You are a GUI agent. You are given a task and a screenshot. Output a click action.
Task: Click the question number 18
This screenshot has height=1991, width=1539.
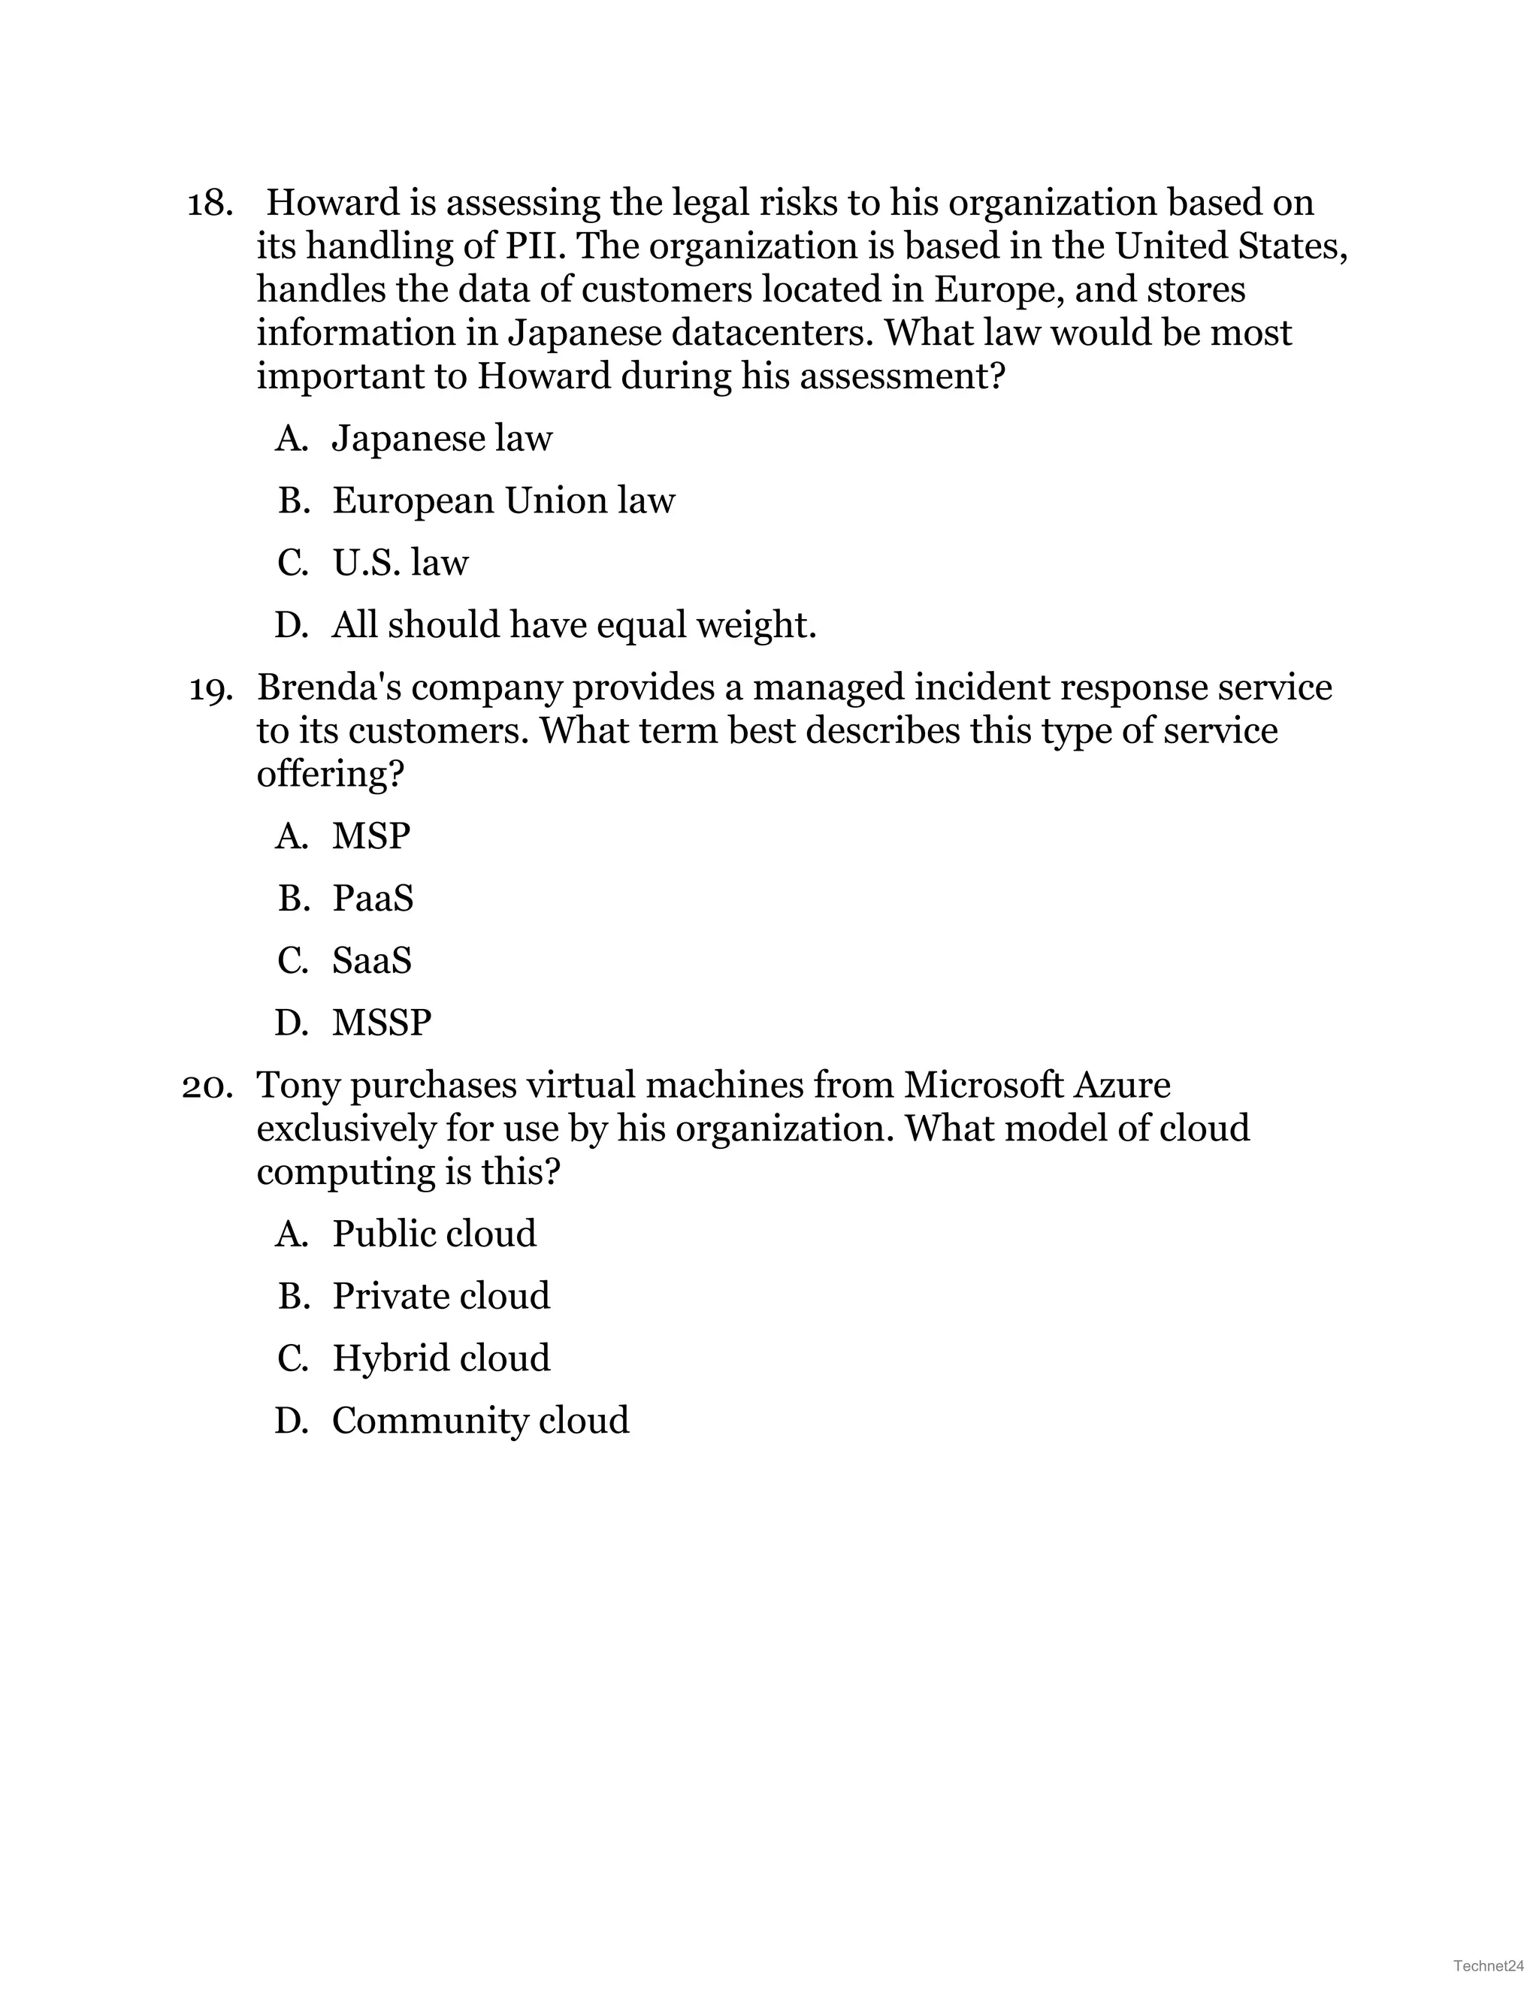click(x=209, y=204)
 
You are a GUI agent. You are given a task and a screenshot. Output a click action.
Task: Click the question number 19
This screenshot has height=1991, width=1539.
click(x=210, y=689)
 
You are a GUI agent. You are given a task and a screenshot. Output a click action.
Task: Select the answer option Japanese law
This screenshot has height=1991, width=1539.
click(x=441, y=439)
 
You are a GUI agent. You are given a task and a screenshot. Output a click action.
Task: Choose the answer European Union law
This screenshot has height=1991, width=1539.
click(x=503, y=500)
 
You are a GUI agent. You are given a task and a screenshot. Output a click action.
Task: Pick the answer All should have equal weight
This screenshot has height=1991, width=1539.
click(x=573, y=625)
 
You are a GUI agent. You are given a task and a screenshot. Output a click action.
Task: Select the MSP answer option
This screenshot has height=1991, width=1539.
click(x=370, y=836)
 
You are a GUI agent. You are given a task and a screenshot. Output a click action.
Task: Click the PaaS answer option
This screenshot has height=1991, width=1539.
click(x=372, y=899)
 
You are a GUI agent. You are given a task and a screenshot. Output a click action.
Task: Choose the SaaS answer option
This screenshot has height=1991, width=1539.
click(x=371, y=961)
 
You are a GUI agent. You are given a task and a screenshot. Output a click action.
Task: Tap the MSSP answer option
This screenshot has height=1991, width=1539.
click(x=381, y=1023)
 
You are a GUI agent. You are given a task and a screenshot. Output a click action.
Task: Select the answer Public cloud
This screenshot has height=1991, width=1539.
click(x=434, y=1234)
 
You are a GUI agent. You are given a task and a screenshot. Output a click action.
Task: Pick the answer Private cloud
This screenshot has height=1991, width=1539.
click(x=440, y=1296)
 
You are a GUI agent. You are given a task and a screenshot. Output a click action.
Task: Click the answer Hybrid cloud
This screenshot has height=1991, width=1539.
click(x=440, y=1358)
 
